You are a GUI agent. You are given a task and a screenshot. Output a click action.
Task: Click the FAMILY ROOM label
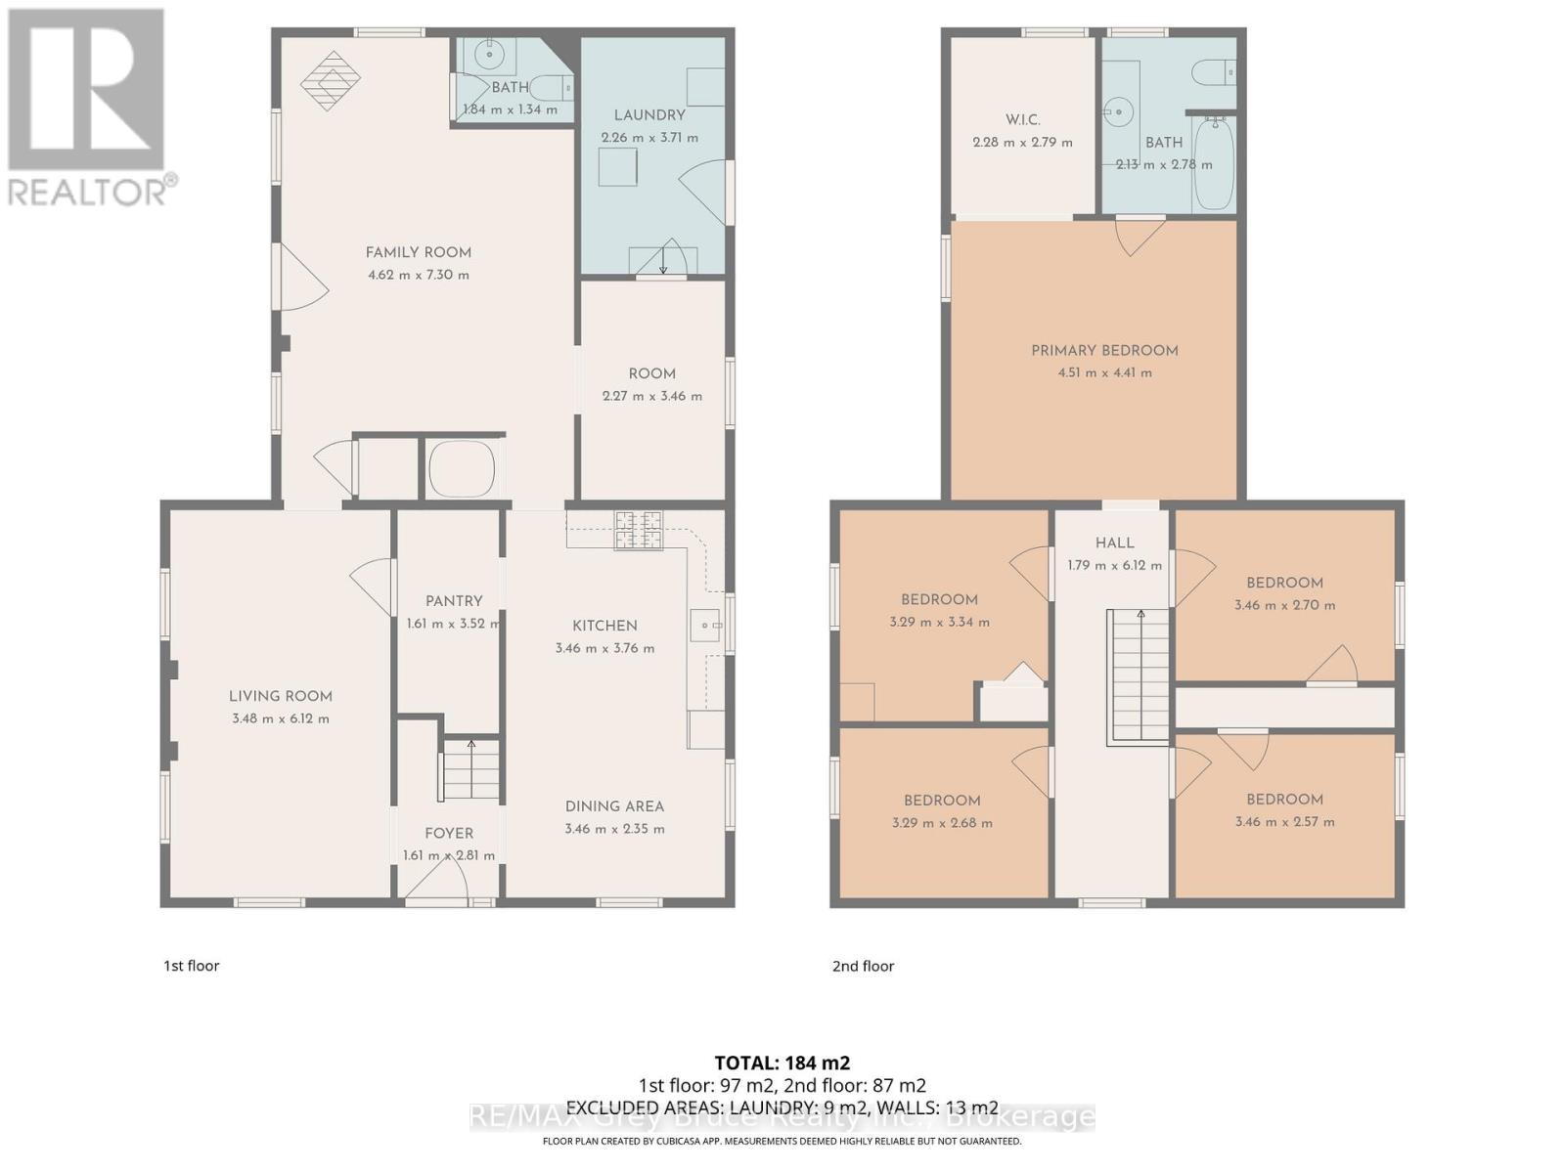pyautogui.click(x=418, y=252)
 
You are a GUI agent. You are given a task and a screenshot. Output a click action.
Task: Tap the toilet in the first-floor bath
pyautogui.click(x=553, y=88)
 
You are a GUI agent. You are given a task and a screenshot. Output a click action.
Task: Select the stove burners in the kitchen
pyautogui.click(x=638, y=531)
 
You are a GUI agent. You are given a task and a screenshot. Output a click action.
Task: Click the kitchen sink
pyautogui.click(x=704, y=626)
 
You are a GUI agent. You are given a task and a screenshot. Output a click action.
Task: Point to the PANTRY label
pyautogui.click(x=454, y=601)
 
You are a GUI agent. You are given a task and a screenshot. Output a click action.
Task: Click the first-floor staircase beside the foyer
pyautogui.click(x=470, y=768)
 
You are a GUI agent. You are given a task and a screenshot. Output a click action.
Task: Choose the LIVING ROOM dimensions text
pyautogui.click(x=280, y=718)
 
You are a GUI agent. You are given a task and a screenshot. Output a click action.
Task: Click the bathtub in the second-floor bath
pyautogui.click(x=1214, y=164)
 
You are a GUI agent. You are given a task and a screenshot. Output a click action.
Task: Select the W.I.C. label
pyautogui.click(x=1022, y=119)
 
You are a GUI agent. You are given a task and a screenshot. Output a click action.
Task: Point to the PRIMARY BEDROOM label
pyautogui.click(x=1104, y=350)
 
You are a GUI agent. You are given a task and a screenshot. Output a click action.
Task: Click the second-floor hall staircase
pyautogui.click(x=1138, y=676)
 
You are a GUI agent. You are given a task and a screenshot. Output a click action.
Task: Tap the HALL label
pyautogui.click(x=1114, y=543)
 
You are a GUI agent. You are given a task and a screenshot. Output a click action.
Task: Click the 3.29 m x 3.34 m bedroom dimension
pyautogui.click(x=939, y=622)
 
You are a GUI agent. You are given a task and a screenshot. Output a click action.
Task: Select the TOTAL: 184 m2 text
pyautogui.click(x=782, y=1063)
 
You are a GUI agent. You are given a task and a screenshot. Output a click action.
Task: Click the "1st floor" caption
pyautogui.click(x=191, y=966)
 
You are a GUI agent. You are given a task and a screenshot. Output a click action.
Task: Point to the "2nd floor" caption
pyautogui.click(x=863, y=967)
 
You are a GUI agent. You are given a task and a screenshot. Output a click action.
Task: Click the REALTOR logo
pyautogui.click(x=88, y=108)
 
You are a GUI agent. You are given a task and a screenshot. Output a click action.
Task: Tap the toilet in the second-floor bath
pyautogui.click(x=1214, y=72)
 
